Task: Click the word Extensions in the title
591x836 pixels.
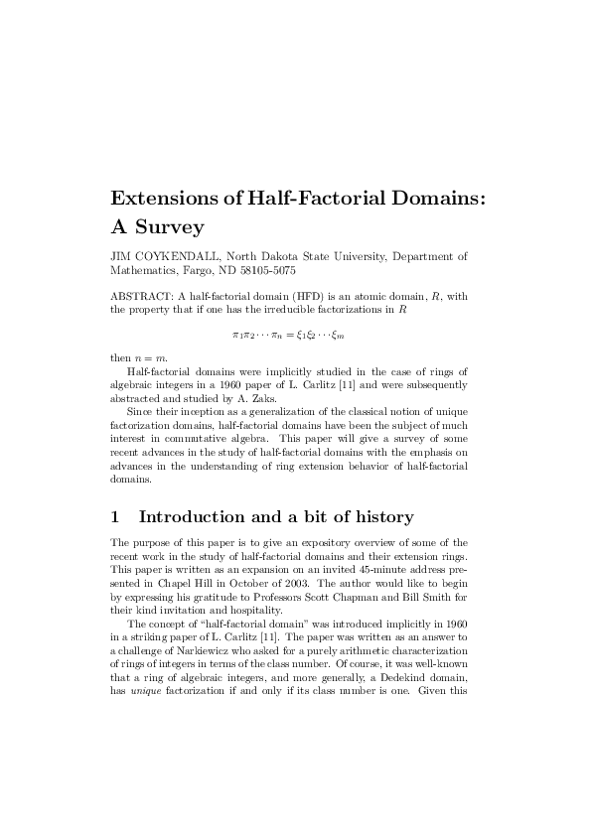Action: click(170, 198)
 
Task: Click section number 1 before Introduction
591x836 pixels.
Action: click(115, 516)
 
